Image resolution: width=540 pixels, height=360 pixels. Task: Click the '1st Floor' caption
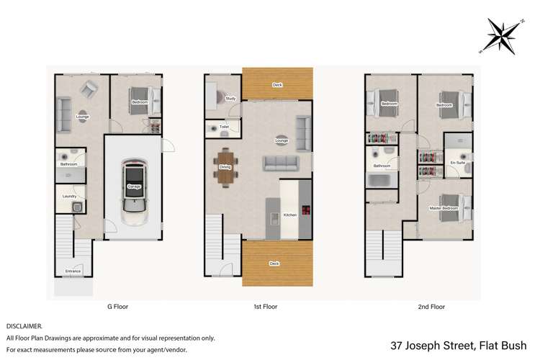[x=265, y=307]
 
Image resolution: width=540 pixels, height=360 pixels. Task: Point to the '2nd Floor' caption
[x=432, y=307]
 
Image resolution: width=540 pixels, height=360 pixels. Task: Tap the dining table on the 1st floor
[x=225, y=167]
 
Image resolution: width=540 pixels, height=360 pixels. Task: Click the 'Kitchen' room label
[x=290, y=215]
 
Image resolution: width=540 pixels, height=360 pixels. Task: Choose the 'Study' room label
[x=230, y=99]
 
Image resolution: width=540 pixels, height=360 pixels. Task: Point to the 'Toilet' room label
[x=224, y=127]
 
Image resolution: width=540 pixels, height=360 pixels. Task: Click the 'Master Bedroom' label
[x=444, y=209]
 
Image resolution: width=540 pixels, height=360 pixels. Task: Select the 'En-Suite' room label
[x=457, y=163]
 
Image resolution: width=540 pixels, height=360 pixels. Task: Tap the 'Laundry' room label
[x=70, y=196]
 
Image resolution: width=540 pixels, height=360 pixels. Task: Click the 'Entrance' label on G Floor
[x=73, y=271]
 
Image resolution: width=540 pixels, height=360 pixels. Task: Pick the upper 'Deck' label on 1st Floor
[x=277, y=85]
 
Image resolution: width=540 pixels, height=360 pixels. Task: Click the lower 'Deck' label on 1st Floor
[x=274, y=264]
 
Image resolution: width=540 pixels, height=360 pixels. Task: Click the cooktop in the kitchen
[x=305, y=211]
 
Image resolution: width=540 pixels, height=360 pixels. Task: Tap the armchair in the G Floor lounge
[x=89, y=89]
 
